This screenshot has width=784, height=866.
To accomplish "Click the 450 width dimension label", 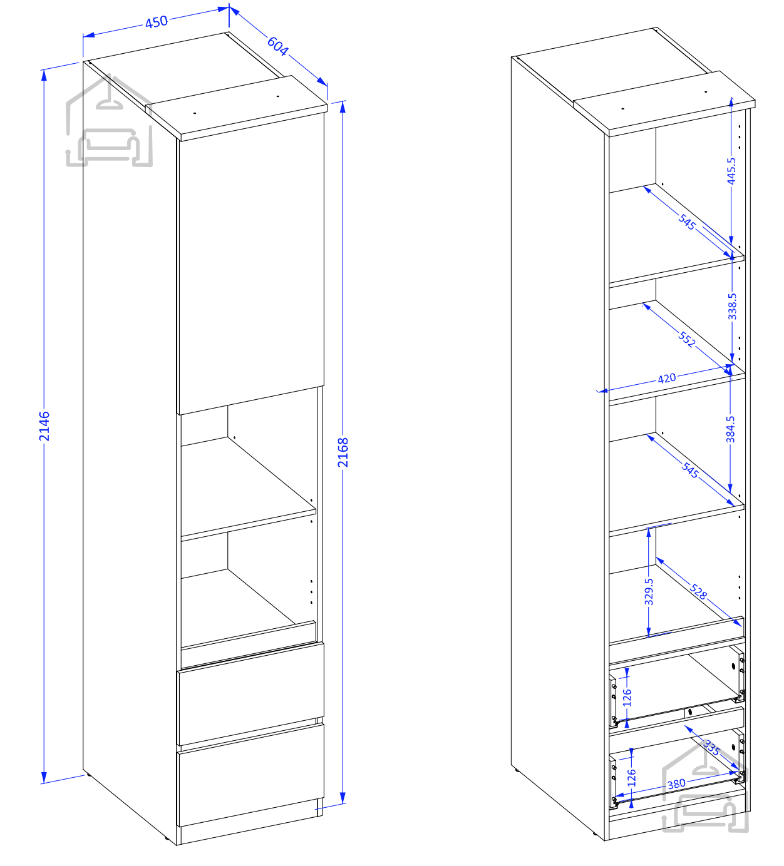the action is click(156, 21).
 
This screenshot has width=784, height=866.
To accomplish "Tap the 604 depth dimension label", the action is click(277, 46).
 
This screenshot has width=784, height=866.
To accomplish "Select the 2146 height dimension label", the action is click(44, 426).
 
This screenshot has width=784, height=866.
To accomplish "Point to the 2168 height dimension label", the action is click(343, 452).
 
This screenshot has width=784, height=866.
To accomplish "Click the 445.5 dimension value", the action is click(731, 171).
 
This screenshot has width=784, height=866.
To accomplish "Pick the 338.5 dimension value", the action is click(731, 306).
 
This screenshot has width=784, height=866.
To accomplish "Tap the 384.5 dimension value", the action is click(730, 429).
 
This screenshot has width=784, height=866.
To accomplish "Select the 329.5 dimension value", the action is click(649, 592).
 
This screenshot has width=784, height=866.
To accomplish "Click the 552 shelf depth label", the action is click(687, 339).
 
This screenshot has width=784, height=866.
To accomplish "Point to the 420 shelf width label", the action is click(666, 379).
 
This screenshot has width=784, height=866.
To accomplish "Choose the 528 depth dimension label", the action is click(698, 591).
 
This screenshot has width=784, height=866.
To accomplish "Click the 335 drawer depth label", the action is click(711, 747).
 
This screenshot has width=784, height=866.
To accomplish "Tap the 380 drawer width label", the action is click(676, 783).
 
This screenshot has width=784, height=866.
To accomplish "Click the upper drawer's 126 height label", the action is click(627, 698).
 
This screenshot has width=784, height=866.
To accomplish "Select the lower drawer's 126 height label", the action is click(631, 778).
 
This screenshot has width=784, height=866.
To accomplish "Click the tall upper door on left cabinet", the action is click(250, 263).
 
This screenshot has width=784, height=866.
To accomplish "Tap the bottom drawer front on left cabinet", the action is click(250, 775).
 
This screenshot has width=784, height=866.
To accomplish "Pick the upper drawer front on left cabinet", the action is click(250, 694).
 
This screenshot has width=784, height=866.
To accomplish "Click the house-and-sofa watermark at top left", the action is click(109, 120).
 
